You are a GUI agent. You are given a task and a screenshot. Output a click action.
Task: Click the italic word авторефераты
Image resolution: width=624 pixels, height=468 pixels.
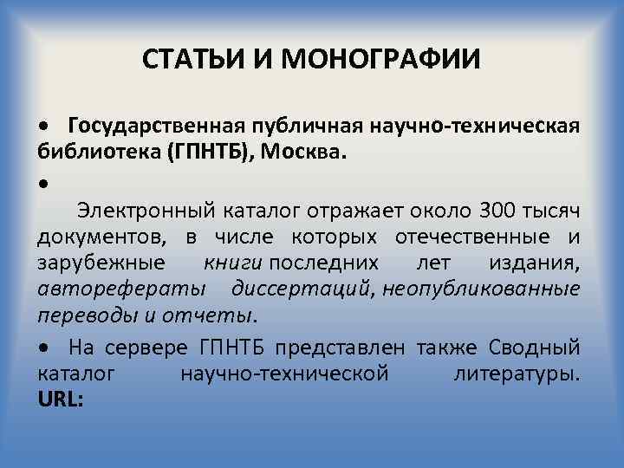120,288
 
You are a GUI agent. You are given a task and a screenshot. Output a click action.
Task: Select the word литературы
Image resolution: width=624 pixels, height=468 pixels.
517,374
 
